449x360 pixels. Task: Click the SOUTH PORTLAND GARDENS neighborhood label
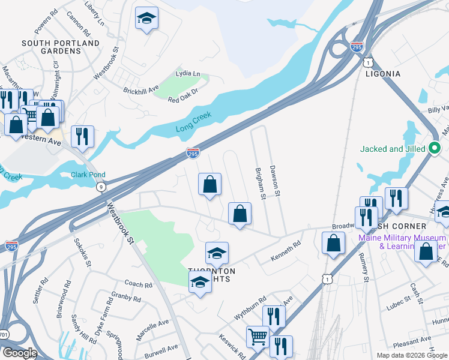click(60, 47)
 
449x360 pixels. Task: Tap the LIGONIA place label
click(383, 73)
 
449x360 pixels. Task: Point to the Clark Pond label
click(89, 175)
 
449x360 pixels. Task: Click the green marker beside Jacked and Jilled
click(435, 149)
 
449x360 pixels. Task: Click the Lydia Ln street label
click(187, 73)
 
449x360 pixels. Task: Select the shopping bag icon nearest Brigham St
click(240, 214)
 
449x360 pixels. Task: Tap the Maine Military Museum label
click(402, 241)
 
